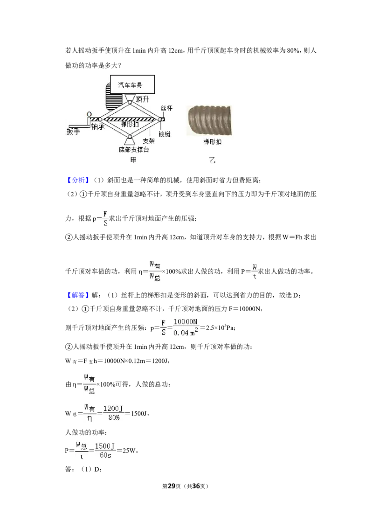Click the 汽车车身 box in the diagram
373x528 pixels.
132,84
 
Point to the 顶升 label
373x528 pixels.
142,99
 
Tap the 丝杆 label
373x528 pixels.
166,108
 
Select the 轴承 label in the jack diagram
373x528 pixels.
98,126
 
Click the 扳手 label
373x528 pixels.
73,131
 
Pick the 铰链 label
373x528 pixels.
165,134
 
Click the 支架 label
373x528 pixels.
148,141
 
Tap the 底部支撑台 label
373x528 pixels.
134,150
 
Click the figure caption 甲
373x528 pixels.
133,160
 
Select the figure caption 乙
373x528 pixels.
212,160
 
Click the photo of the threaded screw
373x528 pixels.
209,120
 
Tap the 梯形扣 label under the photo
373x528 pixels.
213,142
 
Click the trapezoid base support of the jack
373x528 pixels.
130,141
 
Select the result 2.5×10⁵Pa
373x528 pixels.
221,327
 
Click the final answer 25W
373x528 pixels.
129,451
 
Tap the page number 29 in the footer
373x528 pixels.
172,486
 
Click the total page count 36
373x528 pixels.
196,486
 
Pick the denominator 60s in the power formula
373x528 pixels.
105,455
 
